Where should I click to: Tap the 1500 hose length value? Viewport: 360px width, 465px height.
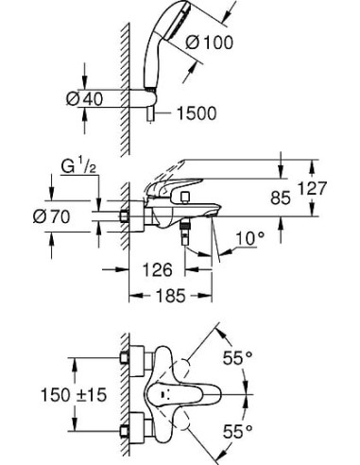click(195, 113)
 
